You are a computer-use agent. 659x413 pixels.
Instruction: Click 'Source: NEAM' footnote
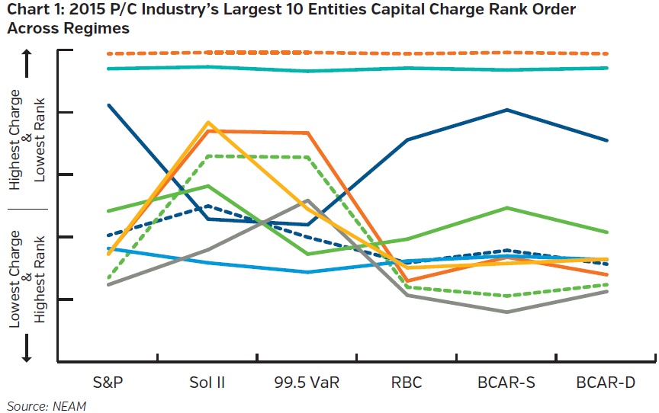47,405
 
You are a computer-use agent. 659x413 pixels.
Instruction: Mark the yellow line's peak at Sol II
208,122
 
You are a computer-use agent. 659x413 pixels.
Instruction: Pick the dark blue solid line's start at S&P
109,104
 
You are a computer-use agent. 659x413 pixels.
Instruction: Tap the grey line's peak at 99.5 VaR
307,200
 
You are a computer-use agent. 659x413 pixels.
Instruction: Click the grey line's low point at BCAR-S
507,312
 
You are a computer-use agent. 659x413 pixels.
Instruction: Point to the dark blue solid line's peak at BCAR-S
507,110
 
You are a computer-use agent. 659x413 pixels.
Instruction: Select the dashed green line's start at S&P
109,279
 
